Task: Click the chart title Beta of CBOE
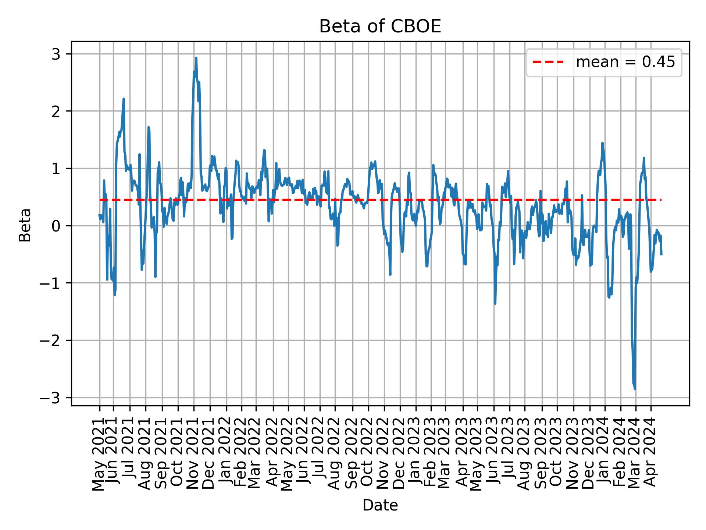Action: (x=380, y=26)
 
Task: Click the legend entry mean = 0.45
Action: (x=625, y=62)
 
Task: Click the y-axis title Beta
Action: (x=25, y=225)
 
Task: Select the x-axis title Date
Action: (x=380, y=505)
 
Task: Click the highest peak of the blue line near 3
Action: (x=196, y=58)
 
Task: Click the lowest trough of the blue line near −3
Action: (x=635, y=389)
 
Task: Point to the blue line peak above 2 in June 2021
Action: (x=124, y=99)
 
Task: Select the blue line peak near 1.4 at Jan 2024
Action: (x=602, y=143)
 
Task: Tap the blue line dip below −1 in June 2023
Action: (x=495, y=303)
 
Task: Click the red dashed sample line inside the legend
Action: (x=548, y=62)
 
